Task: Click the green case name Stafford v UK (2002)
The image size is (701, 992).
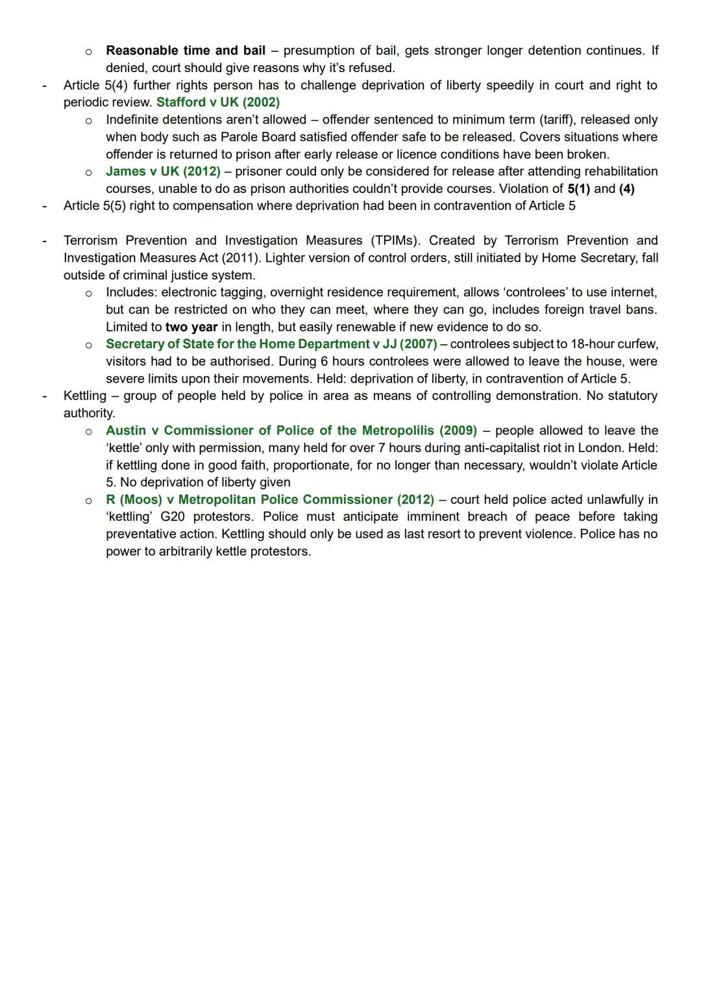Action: pyautogui.click(x=218, y=103)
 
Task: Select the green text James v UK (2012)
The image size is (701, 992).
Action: pyautogui.click(x=163, y=172)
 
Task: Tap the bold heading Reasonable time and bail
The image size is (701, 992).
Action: pyautogui.click(x=186, y=51)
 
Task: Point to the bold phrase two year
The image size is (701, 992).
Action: pyautogui.click(x=191, y=327)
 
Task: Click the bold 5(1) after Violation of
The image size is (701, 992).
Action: pyautogui.click(x=578, y=189)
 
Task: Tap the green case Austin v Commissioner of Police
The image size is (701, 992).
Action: pyautogui.click(x=291, y=431)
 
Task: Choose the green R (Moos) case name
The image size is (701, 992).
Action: pyautogui.click(x=270, y=500)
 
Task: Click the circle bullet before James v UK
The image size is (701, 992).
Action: pyautogui.click(x=88, y=172)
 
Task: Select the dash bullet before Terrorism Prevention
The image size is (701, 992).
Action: pyautogui.click(x=44, y=241)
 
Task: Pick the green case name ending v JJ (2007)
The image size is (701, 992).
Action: pyautogui.click(x=271, y=344)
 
